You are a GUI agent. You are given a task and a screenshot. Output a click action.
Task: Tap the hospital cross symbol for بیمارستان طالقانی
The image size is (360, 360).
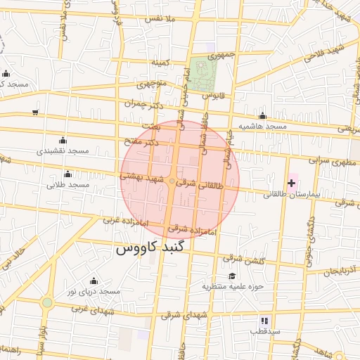click(292, 183)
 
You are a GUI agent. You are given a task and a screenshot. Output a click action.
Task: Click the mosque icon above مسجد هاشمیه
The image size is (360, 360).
click(262, 116)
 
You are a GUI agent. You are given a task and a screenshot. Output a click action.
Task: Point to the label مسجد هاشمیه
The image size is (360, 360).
click(262, 127)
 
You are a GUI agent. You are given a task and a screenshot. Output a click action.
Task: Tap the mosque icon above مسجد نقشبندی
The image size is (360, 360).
click(63, 140)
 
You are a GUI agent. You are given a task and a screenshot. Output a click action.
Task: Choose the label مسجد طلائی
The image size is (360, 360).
click(68, 185)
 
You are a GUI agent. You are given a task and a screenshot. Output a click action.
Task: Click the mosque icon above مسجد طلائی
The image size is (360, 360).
click(68, 174)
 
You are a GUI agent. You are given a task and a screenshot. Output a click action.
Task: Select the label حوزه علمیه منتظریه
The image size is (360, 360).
click(232, 286)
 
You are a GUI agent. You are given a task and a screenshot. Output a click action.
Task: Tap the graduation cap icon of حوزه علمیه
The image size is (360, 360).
click(232, 276)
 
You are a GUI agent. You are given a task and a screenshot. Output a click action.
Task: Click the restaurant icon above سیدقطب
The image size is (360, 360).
click(264, 320)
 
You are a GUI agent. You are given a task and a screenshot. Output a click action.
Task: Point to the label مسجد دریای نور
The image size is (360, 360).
click(94, 291)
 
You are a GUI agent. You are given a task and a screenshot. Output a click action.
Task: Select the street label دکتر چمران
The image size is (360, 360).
click(148, 104)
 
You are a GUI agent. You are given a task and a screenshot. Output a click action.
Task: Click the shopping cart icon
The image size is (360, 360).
click(35, 112)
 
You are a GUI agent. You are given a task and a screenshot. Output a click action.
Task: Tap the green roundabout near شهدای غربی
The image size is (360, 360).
click(46, 303)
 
